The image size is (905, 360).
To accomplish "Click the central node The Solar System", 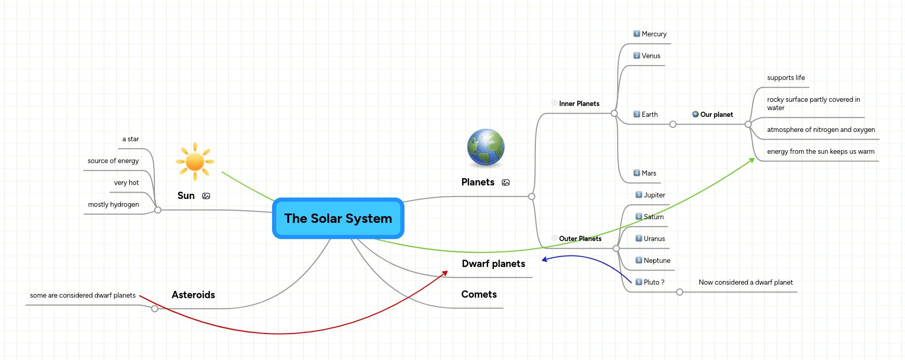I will [x=338, y=219].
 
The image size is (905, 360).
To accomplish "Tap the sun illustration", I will [x=195, y=162].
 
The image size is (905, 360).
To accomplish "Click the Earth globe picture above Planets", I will [x=485, y=148].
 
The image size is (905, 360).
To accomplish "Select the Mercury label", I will [x=654, y=34].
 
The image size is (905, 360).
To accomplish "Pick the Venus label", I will [x=651, y=56].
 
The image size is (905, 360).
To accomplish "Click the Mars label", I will [x=649, y=174].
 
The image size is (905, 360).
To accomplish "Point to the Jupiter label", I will [x=654, y=195].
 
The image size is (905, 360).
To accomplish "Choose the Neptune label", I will [x=657, y=261].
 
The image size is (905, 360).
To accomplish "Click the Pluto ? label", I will [x=654, y=283].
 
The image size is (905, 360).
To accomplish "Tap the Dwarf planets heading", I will [x=493, y=264].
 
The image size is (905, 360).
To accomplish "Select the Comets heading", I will [x=479, y=295].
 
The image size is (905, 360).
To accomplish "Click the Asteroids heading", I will [x=193, y=295].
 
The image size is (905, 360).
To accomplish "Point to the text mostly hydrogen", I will [x=113, y=205].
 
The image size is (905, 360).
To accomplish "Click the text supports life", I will [x=786, y=78].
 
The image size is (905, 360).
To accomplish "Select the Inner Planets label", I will [x=579, y=104].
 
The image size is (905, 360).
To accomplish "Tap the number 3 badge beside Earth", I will [x=637, y=114].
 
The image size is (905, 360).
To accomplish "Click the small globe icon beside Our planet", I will [x=695, y=114].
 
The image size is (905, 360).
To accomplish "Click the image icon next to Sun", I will [x=206, y=196].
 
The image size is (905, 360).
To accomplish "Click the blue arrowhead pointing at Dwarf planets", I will [x=545, y=259].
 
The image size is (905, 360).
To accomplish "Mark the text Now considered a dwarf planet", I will [x=746, y=283].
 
